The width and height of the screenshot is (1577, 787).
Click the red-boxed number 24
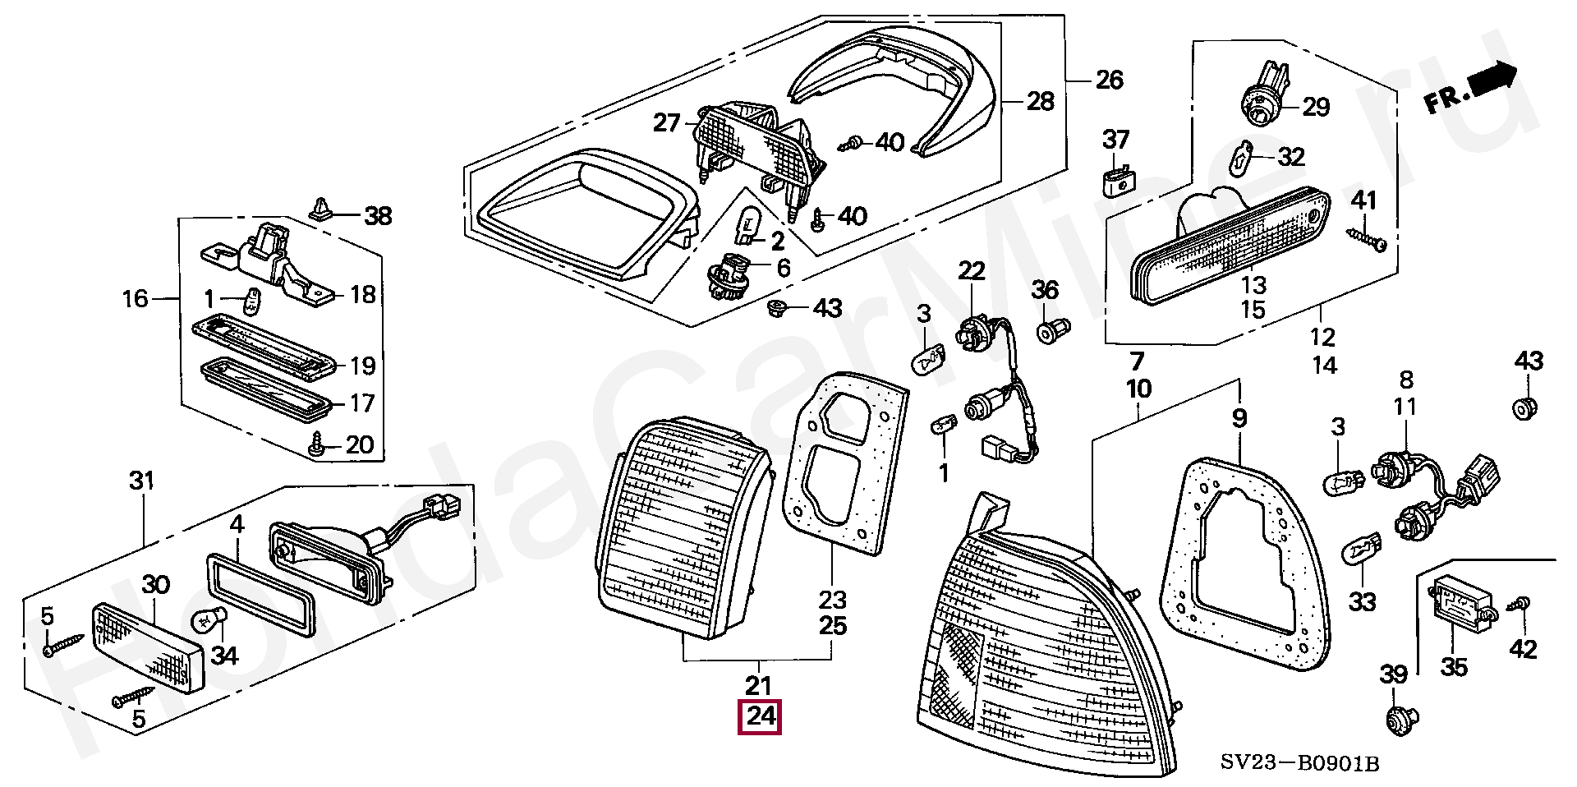(x=760, y=716)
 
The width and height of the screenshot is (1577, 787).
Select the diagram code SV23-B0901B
(x=1299, y=763)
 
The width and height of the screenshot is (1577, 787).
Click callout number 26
(x=1109, y=80)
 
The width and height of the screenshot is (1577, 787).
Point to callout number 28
(x=1040, y=101)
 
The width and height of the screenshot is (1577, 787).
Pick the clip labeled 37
(x=1115, y=181)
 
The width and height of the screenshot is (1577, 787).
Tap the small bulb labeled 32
(x=1244, y=158)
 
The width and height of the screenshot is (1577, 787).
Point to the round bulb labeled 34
(x=208, y=623)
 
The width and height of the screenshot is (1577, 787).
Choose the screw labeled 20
(x=318, y=447)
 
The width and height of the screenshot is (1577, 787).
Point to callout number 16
(x=136, y=298)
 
